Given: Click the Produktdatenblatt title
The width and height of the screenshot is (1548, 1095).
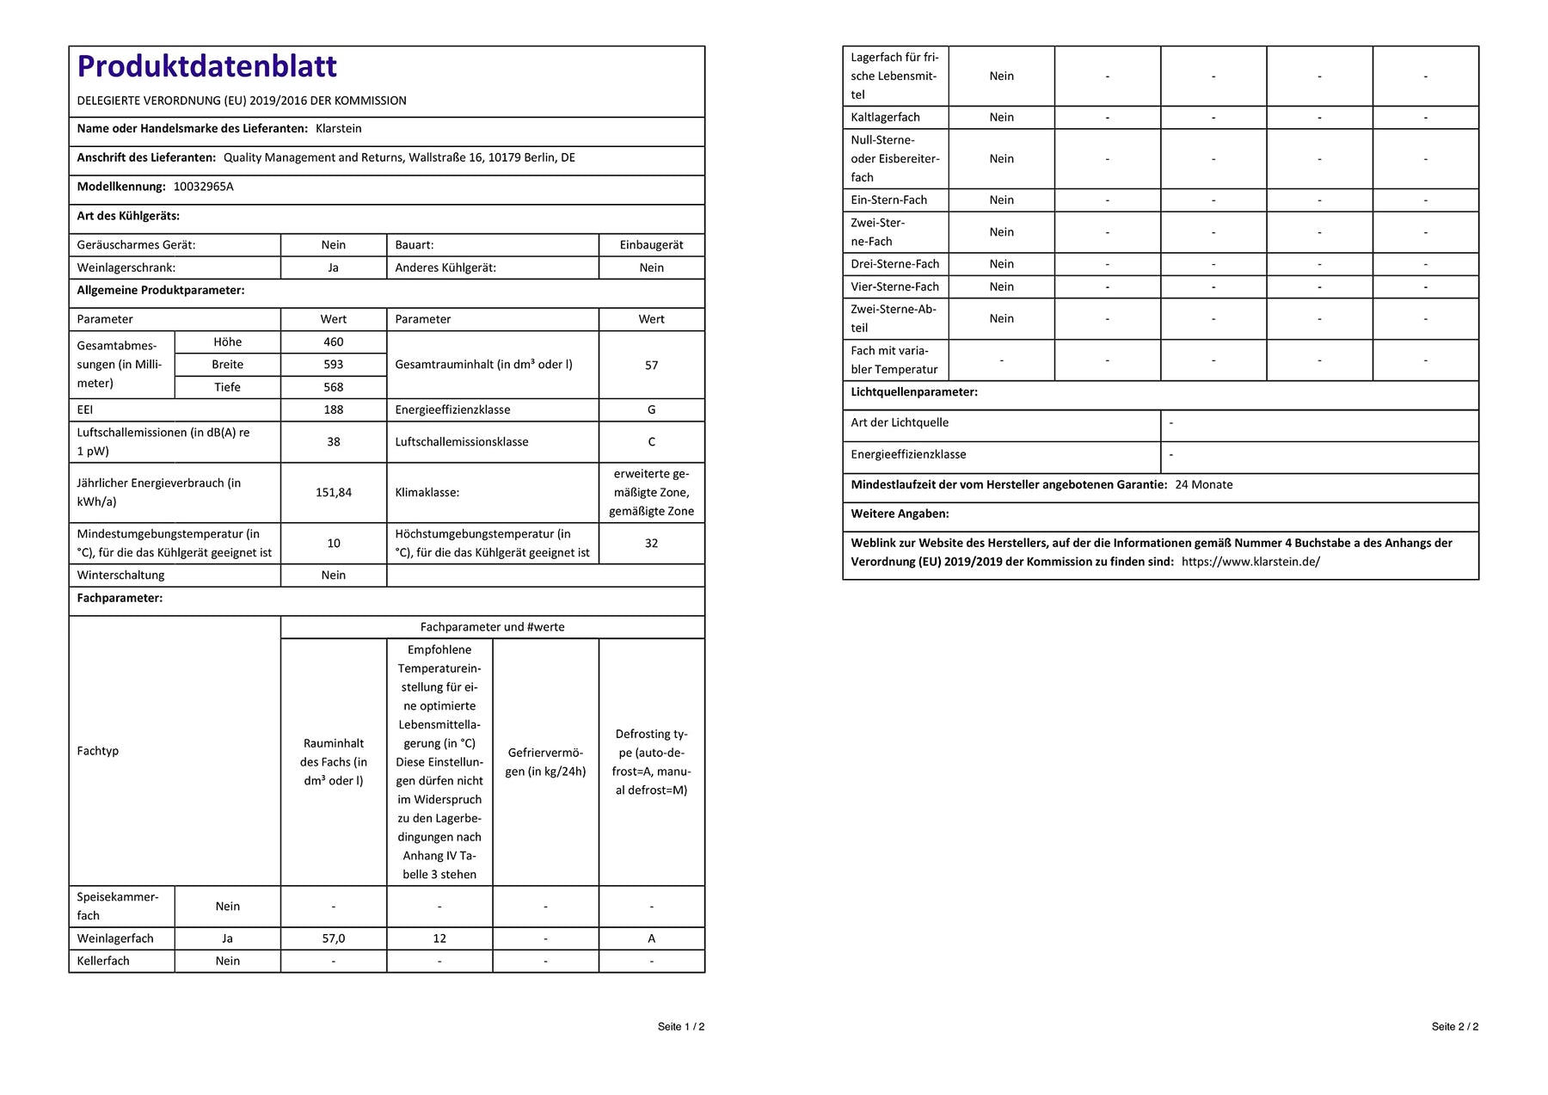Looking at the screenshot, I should click(206, 66).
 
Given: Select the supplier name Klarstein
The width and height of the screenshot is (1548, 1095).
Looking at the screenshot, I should click(338, 129).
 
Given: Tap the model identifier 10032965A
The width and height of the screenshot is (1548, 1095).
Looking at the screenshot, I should click(203, 187).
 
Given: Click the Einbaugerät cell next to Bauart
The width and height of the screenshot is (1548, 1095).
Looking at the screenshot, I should click(651, 245).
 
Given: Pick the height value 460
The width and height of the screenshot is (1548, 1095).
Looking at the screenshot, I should click(333, 342).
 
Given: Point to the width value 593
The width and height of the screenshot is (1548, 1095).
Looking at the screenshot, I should click(333, 365).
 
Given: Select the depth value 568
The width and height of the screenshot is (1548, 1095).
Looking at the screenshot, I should click(333, 387).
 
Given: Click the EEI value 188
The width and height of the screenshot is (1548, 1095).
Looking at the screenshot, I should click(333, 410).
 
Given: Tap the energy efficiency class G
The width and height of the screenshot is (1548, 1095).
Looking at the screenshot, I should click(651, 410).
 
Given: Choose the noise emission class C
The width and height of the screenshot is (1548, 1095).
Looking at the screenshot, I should click(651, 442).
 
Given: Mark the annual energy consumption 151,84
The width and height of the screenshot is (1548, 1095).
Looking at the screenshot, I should click(333, 493).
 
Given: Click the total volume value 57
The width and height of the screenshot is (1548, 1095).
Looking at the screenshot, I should click(651, 366).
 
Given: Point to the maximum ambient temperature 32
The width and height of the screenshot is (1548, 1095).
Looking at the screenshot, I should click(651, 544).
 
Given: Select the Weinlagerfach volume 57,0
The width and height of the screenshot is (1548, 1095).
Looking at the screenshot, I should click(333, 938).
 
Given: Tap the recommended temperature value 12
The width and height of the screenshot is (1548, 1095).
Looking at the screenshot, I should click(439, 938).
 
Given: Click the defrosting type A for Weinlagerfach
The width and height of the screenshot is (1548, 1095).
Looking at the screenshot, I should click(651, 938).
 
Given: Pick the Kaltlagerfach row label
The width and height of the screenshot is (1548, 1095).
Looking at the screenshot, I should click(885, 118).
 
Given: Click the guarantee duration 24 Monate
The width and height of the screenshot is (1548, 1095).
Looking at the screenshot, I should click(1203, 485).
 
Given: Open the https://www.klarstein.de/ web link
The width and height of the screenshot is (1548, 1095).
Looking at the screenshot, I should click(1250, 562).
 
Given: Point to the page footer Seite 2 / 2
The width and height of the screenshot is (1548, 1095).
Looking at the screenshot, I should click(1454, 1026).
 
